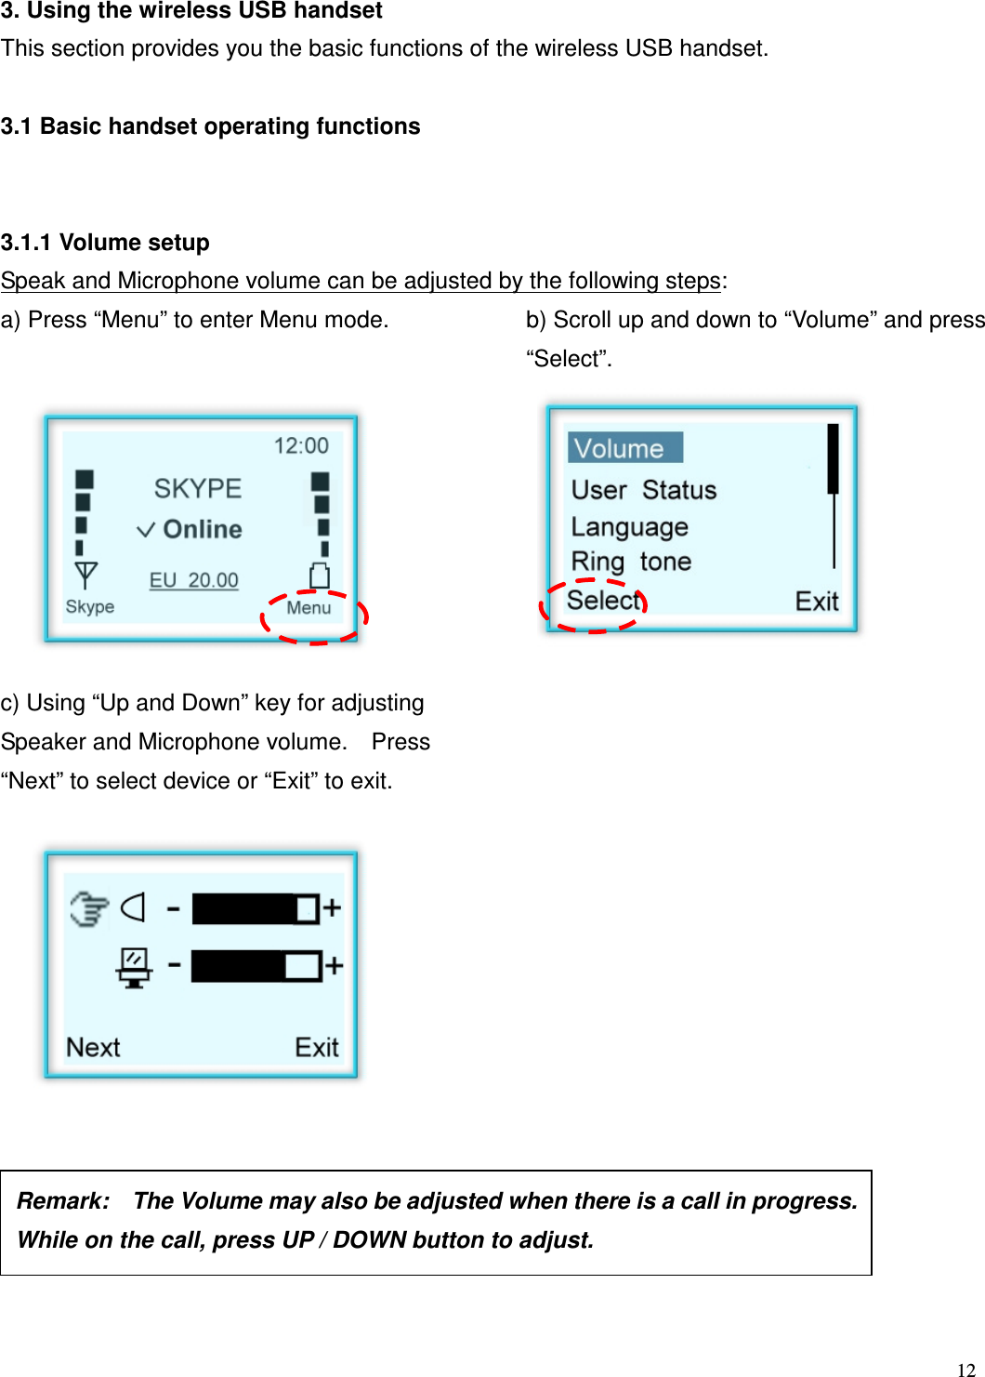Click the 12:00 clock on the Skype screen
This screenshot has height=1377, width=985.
point(301,445)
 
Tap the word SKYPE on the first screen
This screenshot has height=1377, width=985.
point(198,488)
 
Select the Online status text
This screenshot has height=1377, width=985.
point(202,529)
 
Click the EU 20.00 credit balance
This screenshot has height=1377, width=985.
point(194,580)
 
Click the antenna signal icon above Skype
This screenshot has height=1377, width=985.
point(85,575)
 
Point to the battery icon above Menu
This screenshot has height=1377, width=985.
point(320,576)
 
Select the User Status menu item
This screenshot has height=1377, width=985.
point(643,490)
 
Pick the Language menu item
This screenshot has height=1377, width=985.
point(629,527)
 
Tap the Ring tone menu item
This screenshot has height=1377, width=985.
point(631,562)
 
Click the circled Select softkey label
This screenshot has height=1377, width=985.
point(603,601)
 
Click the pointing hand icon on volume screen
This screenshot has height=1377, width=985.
point(89,908)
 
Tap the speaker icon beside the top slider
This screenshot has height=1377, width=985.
point(134,907)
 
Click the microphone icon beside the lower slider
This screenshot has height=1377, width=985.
point(134,967)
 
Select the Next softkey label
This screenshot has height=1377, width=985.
point(93,1048)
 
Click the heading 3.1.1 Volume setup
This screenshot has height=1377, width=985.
point(105,243)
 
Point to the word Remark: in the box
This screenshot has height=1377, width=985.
point(63,1201)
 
